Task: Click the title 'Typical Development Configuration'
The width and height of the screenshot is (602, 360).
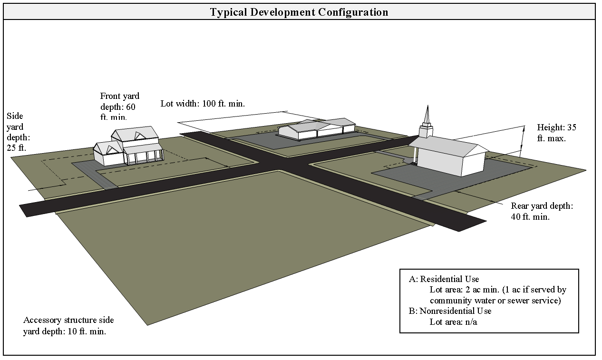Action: coord(299,12)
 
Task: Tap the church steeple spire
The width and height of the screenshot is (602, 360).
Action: coord(427,114)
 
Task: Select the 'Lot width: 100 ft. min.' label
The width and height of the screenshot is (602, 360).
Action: coord(203,103)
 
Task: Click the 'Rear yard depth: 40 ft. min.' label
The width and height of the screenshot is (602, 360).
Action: coord(542,211)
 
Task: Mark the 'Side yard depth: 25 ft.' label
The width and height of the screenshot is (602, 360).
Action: coord(18,132)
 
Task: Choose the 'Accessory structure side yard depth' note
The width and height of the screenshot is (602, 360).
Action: coord(68,326)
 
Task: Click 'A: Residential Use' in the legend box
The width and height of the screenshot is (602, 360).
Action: coord(444,279)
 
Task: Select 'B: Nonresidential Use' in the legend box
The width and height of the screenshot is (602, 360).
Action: coord(450,311)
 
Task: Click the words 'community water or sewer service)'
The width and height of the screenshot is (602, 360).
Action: coord(495,301)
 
